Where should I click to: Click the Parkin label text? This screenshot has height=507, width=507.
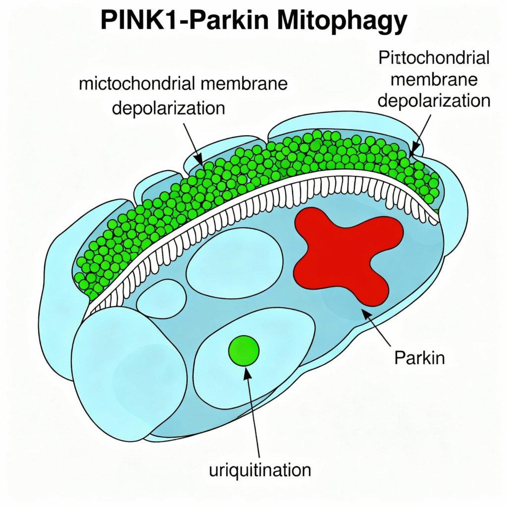coord(419,357)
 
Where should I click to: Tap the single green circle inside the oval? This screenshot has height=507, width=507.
coord(244,350)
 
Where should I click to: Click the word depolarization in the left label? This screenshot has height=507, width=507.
coord(168,107)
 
